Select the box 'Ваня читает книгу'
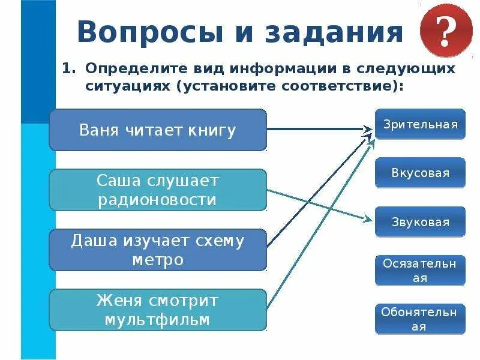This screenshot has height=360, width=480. pyautogui.click(x=158, y=130)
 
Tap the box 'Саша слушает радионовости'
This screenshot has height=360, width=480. pyautogui.click(x=158, y=190)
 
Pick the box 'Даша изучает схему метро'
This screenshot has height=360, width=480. pyautogui.click(x=158, y=250)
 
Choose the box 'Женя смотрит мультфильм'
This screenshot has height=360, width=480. pyautogui.click(x=158, y=310)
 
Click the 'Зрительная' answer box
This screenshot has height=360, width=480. pyautogui.click(x=420, y=124)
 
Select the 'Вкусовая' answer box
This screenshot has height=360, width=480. pyautogui.click(x=420, y=173)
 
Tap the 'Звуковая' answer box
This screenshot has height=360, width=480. pyautogui.click(x=420, y=221)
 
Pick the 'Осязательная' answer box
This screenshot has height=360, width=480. pyautogui.click(x=420, y=271)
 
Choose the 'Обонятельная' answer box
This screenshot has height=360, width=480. pyautogui.click(x=420, y=319)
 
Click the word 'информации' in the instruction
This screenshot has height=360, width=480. pyautogui.click(x=259, y=68)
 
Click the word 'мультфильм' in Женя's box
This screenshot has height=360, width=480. pyautogui.click(x=157, y=320)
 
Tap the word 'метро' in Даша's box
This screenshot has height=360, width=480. pyautogui.click(x=157, y=260)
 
